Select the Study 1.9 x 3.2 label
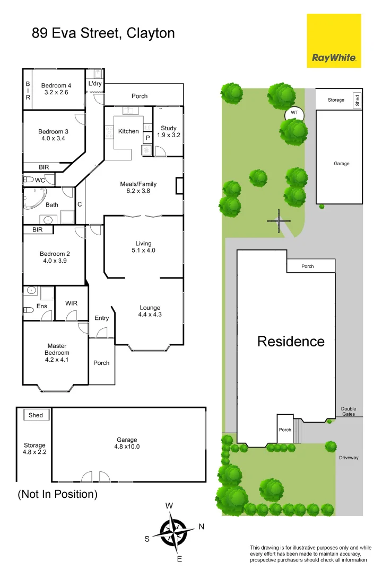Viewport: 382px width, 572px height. (x=169, y=131)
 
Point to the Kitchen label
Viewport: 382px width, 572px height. (x=128, y=131)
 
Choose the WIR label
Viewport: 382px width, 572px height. (x=72, y=303)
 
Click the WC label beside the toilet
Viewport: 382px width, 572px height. (x=40, y=180)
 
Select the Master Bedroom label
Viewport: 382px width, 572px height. (x=57, y=353)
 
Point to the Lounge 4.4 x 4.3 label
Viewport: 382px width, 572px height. (x=150, y=311)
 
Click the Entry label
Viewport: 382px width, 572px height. (x=101, y=318)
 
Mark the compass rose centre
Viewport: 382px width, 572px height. (x=173, y=531)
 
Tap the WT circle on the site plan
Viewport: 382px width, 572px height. (x=294, y=113)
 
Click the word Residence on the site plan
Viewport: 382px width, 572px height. (x=290, y=342)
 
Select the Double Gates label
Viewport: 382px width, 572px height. (x=349, y=412)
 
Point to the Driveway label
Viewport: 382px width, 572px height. (x=349, y=458)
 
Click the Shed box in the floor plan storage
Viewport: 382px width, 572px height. (x=36, y=415)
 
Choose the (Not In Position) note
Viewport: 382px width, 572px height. (x=58, y=494)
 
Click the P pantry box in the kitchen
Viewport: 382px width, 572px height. (x=147, y=137)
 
